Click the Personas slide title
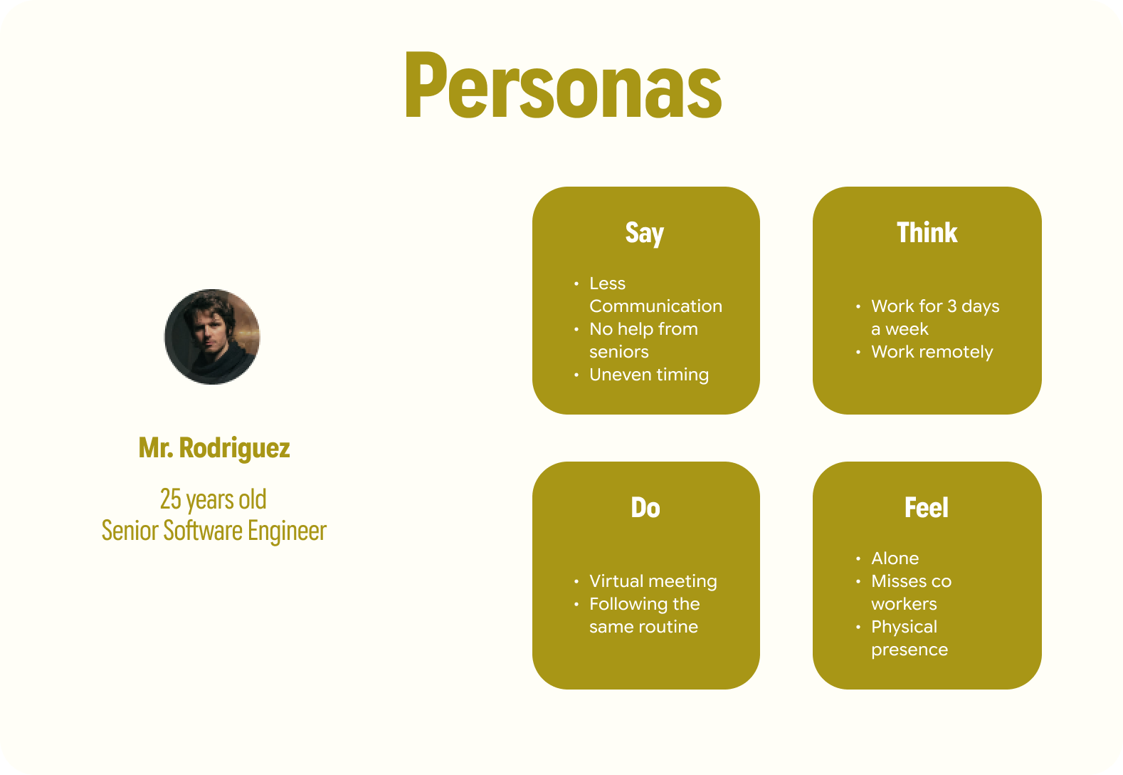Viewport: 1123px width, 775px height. [x=564, y=85]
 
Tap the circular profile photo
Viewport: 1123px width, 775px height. [x=212, y=337]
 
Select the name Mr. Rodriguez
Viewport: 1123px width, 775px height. [x=214, y=448]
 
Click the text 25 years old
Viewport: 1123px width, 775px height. [x=213, y=499]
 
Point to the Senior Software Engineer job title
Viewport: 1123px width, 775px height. [x=214, y=531]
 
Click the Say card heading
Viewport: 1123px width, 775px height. [x=645, y=234]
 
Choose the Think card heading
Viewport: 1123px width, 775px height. [x=927, y=232]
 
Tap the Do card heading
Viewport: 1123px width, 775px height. [x=645, y=507]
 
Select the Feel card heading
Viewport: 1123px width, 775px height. [x=927, y=507]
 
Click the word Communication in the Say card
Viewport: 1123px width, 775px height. [x=655, y=306]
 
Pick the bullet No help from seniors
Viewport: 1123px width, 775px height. [x=644, y=340]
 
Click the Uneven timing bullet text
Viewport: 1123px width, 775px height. [x=649, y=375]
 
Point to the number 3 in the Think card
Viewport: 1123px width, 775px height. [x=951, y=306]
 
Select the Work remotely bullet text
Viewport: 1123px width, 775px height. [x=932, y=352]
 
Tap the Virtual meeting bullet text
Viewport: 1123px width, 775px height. [x=653, y=581]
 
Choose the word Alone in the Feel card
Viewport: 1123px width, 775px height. [x=895, y=558]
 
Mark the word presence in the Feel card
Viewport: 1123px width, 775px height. [x=910, y=650]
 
